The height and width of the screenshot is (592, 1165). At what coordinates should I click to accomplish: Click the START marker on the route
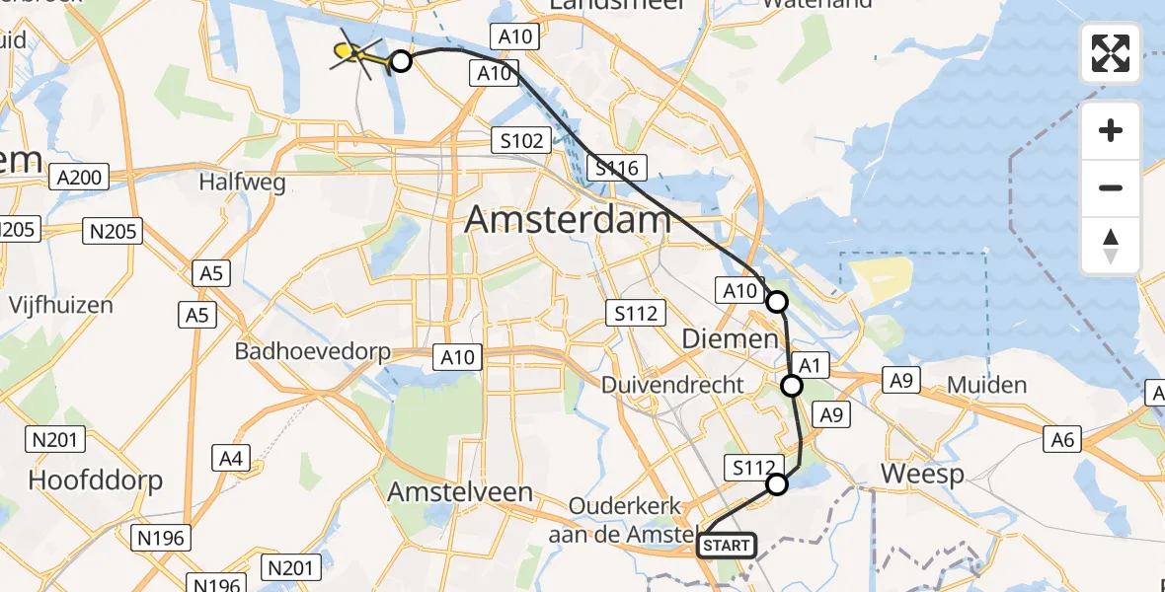[727, 546]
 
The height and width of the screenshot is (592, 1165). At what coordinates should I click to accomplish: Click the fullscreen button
[1111, 53]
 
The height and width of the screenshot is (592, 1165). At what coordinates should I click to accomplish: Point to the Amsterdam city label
[568, 219]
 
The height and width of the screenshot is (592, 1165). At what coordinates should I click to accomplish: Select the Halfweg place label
[242, 183]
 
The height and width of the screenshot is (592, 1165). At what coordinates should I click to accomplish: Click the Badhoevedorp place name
[313, 351]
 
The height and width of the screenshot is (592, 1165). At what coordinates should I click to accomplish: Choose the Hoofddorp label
[95, 481]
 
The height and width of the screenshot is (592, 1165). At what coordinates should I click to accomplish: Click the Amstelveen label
[461, 491]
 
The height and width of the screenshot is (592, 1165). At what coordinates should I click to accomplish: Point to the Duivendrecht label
[673, 385]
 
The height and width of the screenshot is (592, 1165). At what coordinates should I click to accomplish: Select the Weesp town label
[922, 475]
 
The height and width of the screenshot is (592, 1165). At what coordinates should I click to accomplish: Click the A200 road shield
[80, 178]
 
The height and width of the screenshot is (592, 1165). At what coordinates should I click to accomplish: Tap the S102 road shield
[521, 141]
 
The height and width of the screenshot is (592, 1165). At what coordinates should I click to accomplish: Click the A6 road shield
[1062, 439]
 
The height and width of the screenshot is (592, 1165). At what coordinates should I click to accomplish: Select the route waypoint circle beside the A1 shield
[792, 386]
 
